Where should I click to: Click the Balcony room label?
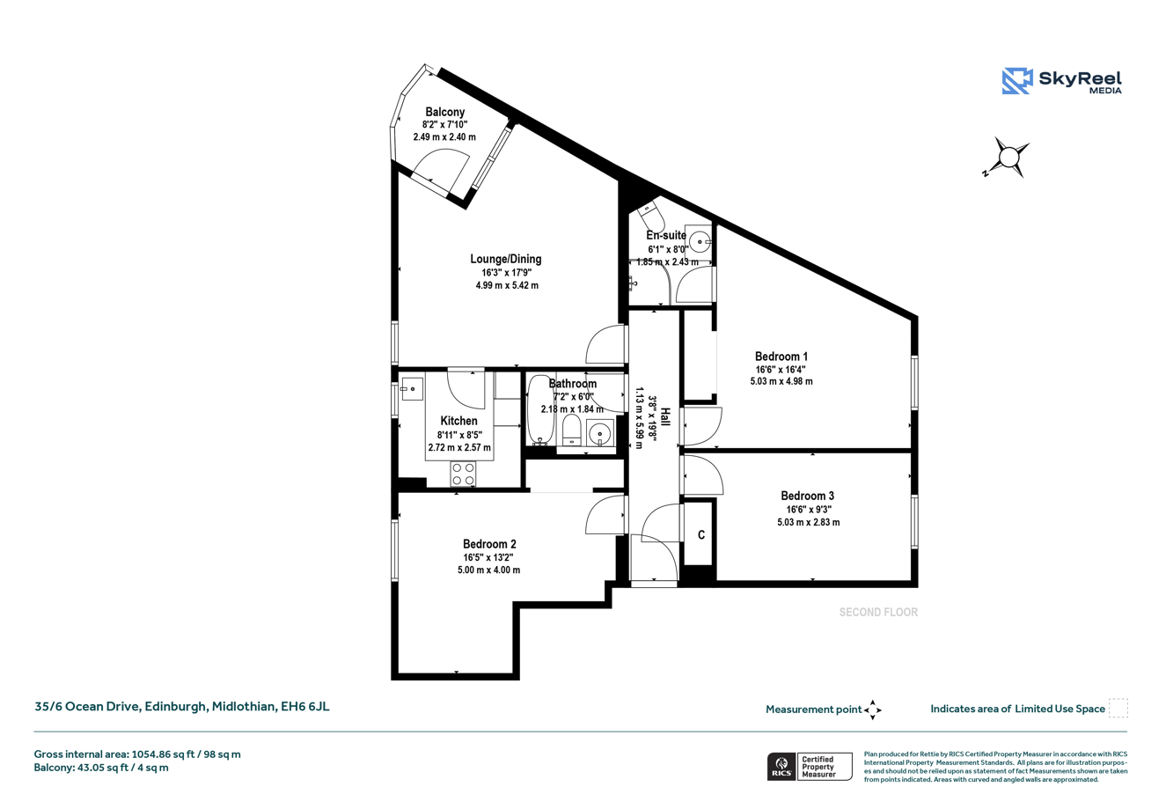pyautogui.click(x=444, y=112)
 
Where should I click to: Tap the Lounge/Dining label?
pyautogui.click(x=505, y=259)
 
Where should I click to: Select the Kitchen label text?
pyautogui.click(x=458, y=421)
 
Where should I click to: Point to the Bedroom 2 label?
pyautogui.click(x=489, y=544)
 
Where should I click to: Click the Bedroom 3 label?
pyautogui.click(x=807, y=496)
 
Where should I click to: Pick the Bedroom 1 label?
pyautogui.click(x=781, y=357)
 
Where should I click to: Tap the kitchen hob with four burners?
pyautogui.click(x=463, y=474)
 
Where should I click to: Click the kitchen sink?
pyautogui.click(x=412, y=389)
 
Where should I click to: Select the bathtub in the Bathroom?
pyautogui.click(x=540, y=410)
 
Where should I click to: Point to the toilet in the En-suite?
pyautogui.click(x=650, y=215)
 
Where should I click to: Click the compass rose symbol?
pyautogui.click(x=1008, y=157)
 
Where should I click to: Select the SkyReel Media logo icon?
pyautogui.click(x=1017, y=81)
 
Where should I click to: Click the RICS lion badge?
pyautogui.click(x=781, y=767)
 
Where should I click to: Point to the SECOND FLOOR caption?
pyautogui.click(x=878, y=612)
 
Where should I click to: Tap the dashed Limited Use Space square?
pyautogui.click(x=1118, y=709)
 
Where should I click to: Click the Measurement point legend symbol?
pyautogui.click(x=873, y=710)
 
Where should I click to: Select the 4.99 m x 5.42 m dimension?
pyautogui.click(x=507, y=285)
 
